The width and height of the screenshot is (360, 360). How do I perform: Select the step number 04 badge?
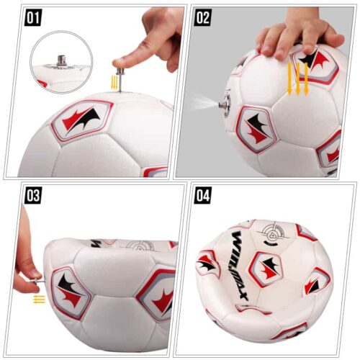click(204, 194)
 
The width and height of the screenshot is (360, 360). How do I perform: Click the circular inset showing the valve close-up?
click(63, 60)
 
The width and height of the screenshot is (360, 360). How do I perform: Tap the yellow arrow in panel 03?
click(39, 298)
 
